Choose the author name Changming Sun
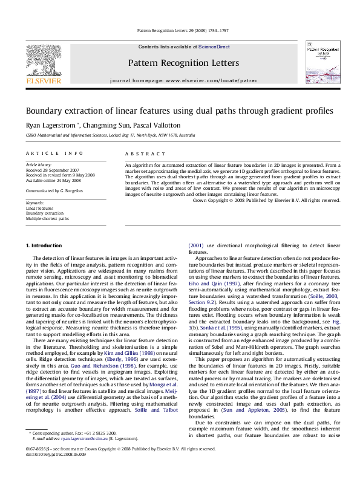tap(100, 125)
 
